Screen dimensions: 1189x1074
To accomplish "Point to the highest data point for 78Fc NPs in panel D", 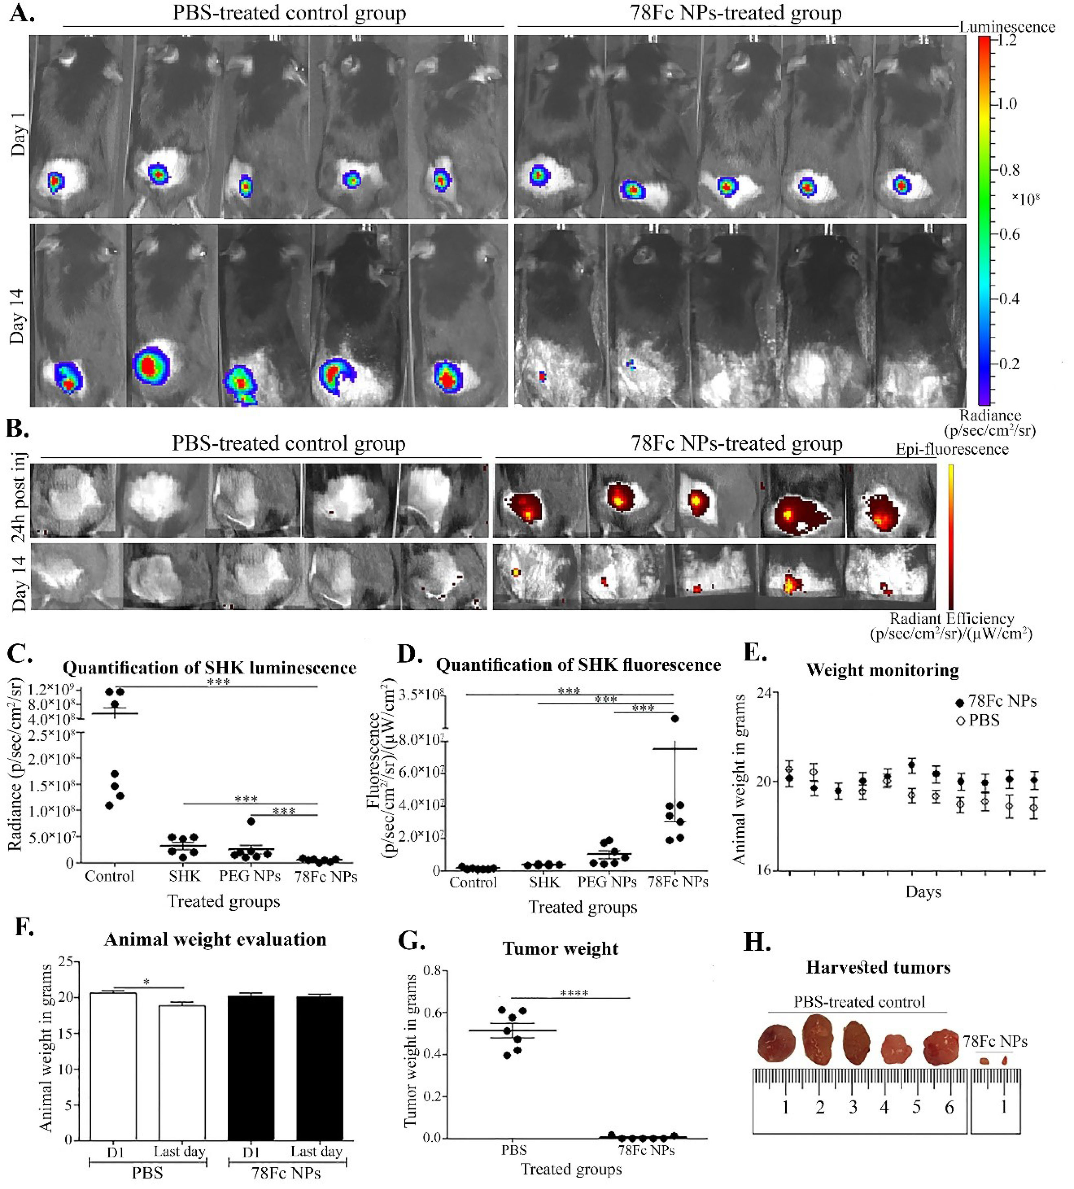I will pyautogui.click(x=675, y=718).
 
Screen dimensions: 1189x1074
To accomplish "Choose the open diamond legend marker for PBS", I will pyautogui.click(x=960, y=721).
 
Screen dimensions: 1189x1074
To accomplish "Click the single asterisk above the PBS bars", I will pyautogui.click(x=146, y=982).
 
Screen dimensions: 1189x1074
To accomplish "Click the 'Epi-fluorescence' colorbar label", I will pyautogui.click(x=952, y=449).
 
